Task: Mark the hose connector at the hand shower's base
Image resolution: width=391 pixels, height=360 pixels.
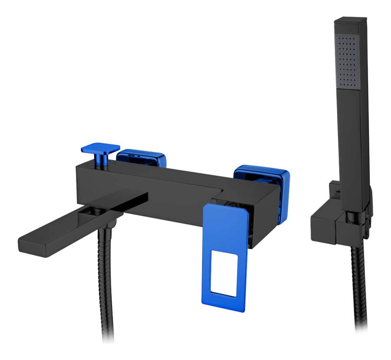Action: click(359, 226)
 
